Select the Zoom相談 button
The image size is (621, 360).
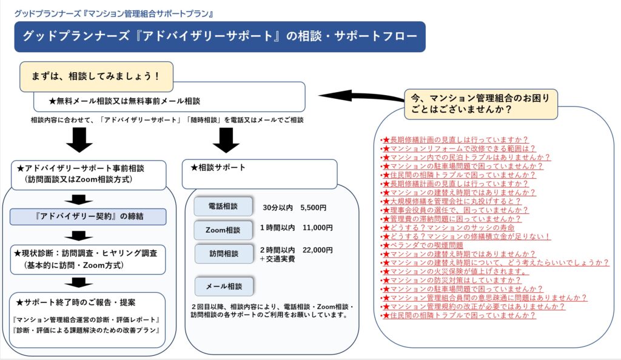223,230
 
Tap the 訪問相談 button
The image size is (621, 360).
223,253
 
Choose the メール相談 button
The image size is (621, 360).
223,285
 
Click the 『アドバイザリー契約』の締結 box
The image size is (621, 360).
88,216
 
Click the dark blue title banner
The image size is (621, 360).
220,36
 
